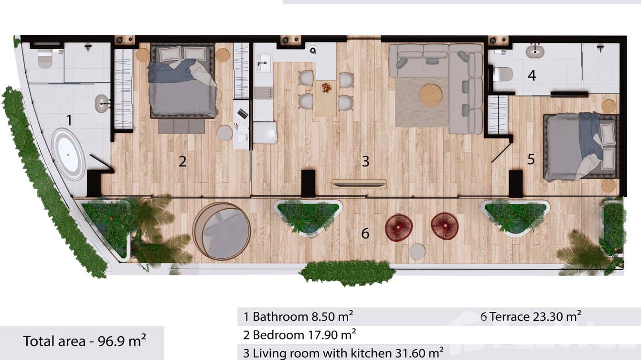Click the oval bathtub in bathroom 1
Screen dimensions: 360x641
[x=68, y=154]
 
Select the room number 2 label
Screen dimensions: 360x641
[x=182, y=161]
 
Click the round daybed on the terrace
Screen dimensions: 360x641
[x=222, y=231]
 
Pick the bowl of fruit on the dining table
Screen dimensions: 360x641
[x=326, y=88]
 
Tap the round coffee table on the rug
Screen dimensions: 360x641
[x=430, y=95]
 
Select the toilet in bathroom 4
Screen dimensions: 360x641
[x=502, y=74]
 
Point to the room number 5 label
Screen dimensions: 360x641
[x=531, y=159]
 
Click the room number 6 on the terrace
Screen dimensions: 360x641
[x=365, y=233]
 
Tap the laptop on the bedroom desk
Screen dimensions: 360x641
[x=243, y=114]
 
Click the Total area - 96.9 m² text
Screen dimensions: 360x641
[x=85, y=341]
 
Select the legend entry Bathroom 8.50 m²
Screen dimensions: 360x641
[x=299, y=316]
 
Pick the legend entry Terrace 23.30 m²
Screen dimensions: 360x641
[x=531, y=316]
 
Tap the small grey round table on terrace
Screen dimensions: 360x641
[x=417, y=252]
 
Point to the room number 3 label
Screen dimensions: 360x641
[x=365, y=161]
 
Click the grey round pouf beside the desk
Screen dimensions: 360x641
[x=224, y=133]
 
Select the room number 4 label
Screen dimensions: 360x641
[x=532, y=75]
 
